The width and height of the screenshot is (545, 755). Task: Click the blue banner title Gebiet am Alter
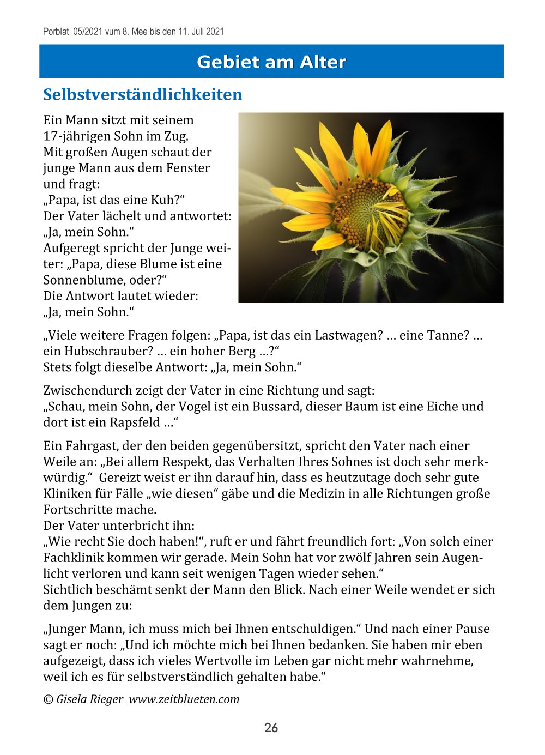coord(271,62)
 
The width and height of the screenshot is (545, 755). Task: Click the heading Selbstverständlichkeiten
coord(142,94)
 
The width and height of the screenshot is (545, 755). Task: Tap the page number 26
coord(271,727)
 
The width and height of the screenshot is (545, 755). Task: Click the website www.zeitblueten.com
coord(184,699)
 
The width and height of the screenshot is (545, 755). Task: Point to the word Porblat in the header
coord(56,32)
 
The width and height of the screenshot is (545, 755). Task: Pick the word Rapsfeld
coord(135,422)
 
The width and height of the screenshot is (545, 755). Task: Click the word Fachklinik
coord(74,558)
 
